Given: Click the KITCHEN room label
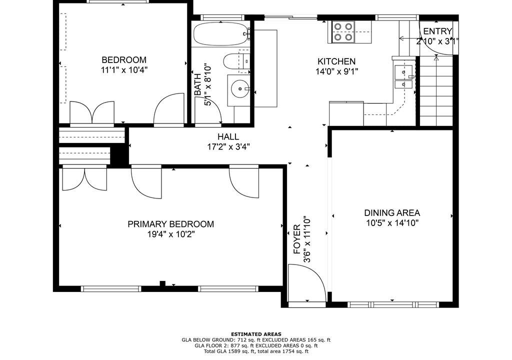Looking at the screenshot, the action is [x=336, y=61].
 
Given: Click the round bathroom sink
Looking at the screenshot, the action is [x=240, y=88].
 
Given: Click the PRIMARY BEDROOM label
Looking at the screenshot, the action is [x=171, y=224].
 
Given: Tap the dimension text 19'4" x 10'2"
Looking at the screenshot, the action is [x=171, y=234].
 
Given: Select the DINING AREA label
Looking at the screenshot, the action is [x=392, y=213].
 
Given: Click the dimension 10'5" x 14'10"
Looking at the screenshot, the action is [x=392, y=223].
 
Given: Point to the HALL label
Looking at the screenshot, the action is [x=228, y=136].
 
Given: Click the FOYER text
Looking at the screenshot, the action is [x=297, y=239].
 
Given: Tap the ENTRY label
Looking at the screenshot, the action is [x=437, y=31].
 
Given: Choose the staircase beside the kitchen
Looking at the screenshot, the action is [x=436, y=90].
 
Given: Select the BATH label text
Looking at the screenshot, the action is [x=197, y=85].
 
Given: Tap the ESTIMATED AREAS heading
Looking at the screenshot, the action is [x=256, y=334].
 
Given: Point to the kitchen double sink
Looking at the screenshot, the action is [x=403, y=77].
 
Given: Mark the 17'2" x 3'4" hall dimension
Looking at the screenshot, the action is [x=228, y=146].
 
